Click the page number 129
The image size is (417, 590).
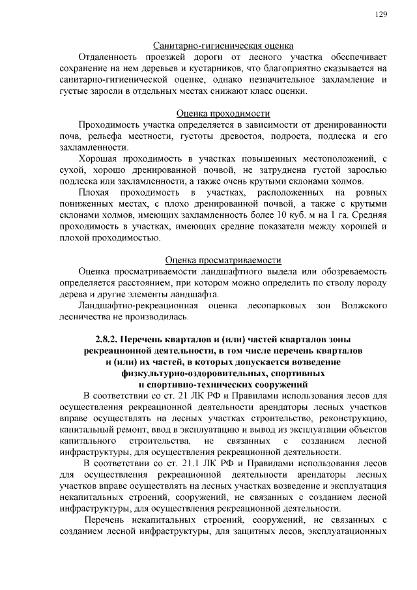tap(382, 15)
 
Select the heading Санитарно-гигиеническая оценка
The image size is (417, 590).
tap(223, 46)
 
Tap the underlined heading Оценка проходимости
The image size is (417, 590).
tap(223, 113)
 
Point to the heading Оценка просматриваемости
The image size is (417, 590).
tap(223, 259)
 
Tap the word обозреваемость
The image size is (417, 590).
tap(354, 271)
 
